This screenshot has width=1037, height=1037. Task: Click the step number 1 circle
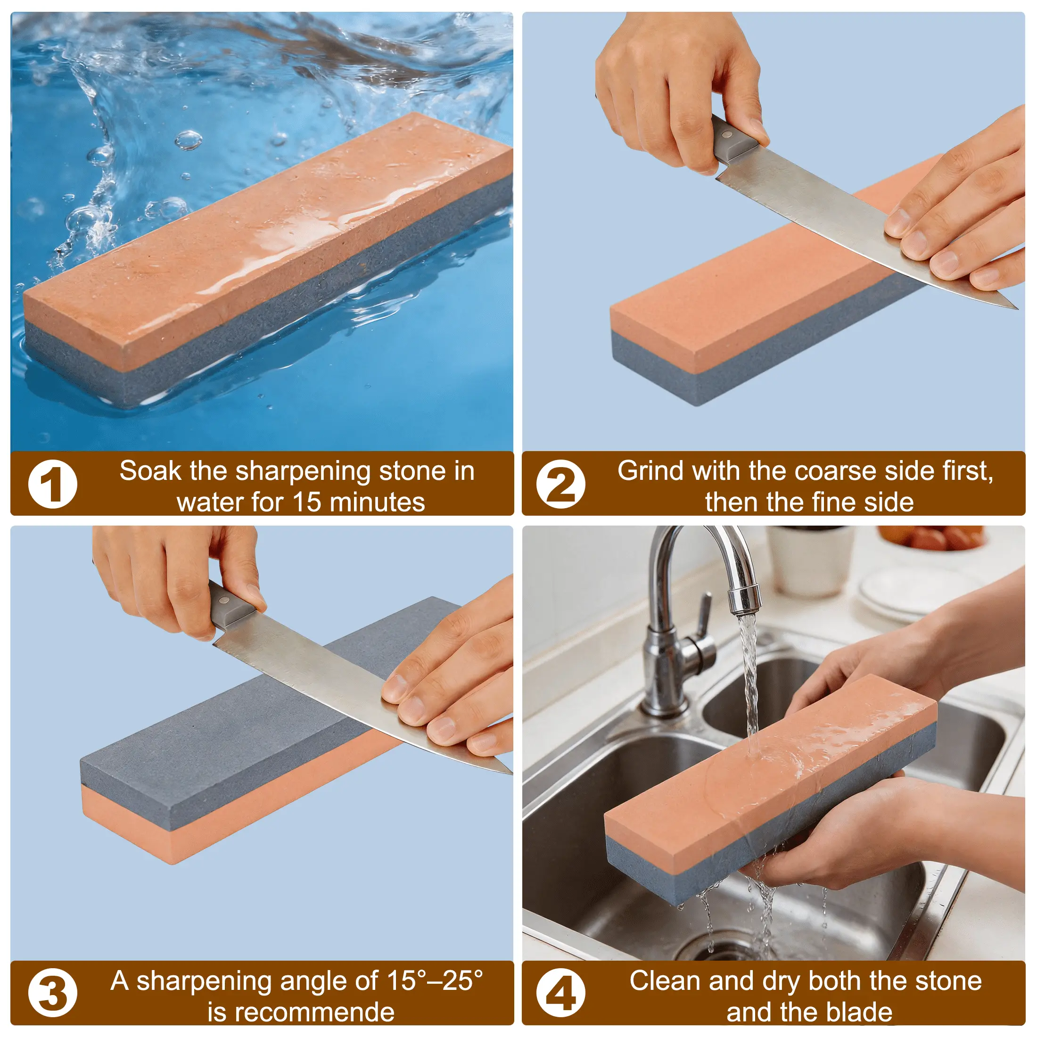pyautogui.click(x=53, y=484)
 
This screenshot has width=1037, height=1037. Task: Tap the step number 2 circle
pyautogui.click(x=560, y=484)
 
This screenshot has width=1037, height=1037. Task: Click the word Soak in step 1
pyautogui.click(x=151, y=471)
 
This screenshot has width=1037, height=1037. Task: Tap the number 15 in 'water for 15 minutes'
pyautogui.click(x=306, y=502)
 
